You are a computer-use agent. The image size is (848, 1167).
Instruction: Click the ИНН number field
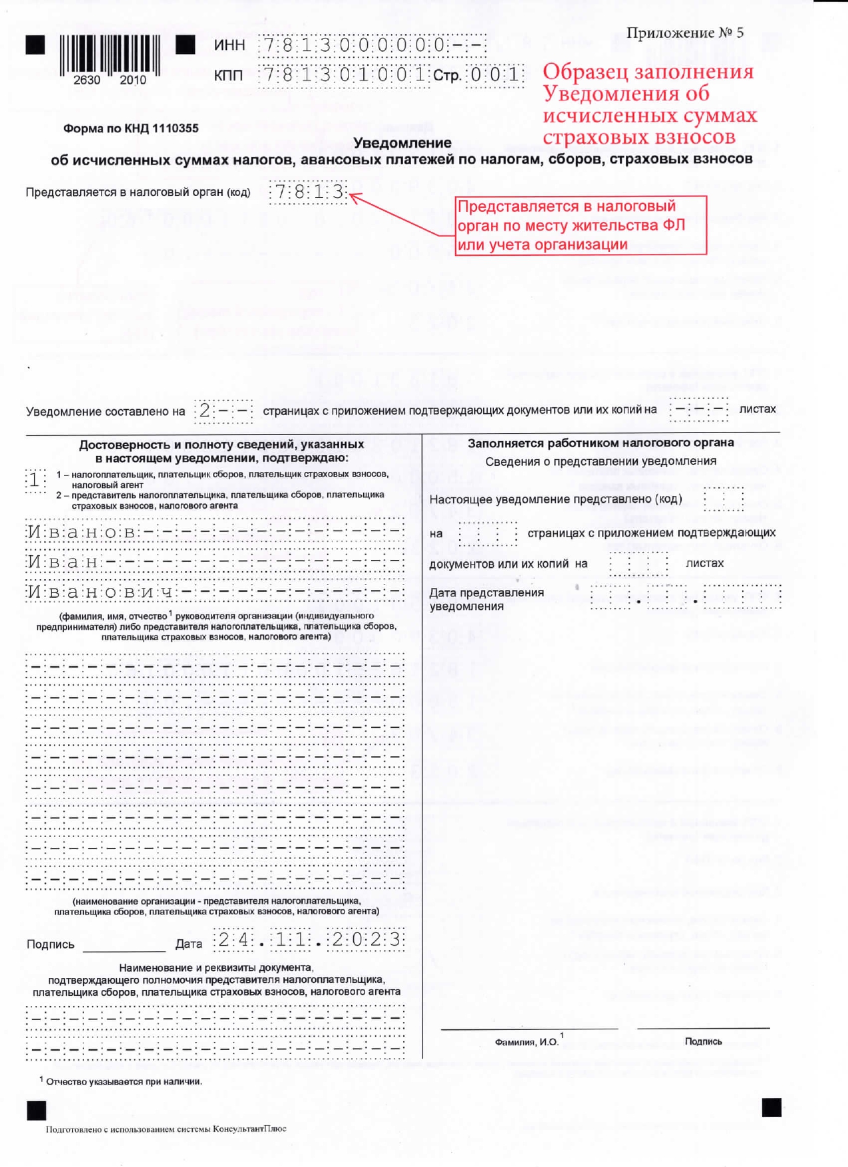tap(372, 45)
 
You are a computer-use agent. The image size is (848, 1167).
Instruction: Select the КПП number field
tap(344, 74)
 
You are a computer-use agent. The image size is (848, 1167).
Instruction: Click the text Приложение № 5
tap(684, 33)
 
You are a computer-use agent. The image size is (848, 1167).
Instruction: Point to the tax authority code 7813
tap(309, 192)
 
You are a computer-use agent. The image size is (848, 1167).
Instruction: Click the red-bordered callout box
tap(580, 225)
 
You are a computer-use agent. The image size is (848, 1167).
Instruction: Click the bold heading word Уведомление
tap(402, 142)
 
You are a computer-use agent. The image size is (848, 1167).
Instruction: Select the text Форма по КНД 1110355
tap(130, 128)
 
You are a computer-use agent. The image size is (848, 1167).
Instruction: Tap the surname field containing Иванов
tap(214, 531)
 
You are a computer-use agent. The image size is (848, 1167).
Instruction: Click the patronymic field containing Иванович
tap(214, 591)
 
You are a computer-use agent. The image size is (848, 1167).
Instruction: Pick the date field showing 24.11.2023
tap(309, 940)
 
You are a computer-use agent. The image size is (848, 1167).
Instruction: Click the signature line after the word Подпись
tap(124, 946)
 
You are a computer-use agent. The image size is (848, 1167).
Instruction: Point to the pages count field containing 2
tap(223, 411)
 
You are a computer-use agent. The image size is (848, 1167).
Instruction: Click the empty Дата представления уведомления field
tap(685, 597)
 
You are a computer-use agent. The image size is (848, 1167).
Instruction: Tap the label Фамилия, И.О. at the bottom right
tap(527, 1041)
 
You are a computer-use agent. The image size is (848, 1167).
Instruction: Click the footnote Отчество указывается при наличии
tap(124, 1081)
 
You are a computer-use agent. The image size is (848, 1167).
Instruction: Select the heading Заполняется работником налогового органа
tap(601, 443)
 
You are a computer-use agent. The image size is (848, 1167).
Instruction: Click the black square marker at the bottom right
tap(771, 1107)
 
